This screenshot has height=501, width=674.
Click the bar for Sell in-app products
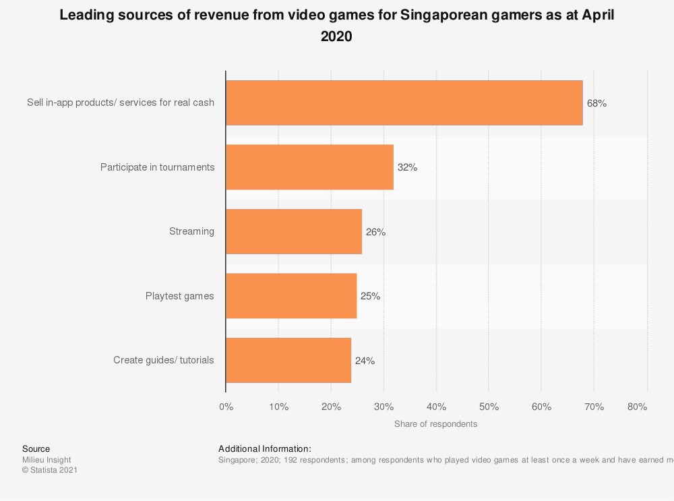coord(404,103)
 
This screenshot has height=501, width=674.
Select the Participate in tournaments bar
coord(309,167)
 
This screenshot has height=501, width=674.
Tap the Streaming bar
coord(293,231)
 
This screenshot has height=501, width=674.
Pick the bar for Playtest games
coord(290,295)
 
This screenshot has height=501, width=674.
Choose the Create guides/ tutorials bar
coord(288,360)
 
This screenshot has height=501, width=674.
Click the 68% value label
coord(596,104)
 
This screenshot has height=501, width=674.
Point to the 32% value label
coord(407,168)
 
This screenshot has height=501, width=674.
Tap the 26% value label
coord(375,232)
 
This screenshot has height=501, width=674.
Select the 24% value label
coord(365,361)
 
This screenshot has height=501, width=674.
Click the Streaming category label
coord(191,231)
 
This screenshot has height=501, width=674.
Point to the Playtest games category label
coord(179,295)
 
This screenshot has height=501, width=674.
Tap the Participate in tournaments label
coord(157,167)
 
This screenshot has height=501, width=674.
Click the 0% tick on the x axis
coord(226,407)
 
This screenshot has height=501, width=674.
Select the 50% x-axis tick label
coord(489,407)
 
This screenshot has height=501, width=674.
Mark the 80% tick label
coord(637,407)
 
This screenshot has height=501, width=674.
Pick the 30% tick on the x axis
coord(384,407)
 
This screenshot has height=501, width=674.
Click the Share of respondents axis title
coord(435,424)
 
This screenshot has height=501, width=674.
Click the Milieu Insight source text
coord(47,460)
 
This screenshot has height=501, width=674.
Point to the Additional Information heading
coord(264,448)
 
